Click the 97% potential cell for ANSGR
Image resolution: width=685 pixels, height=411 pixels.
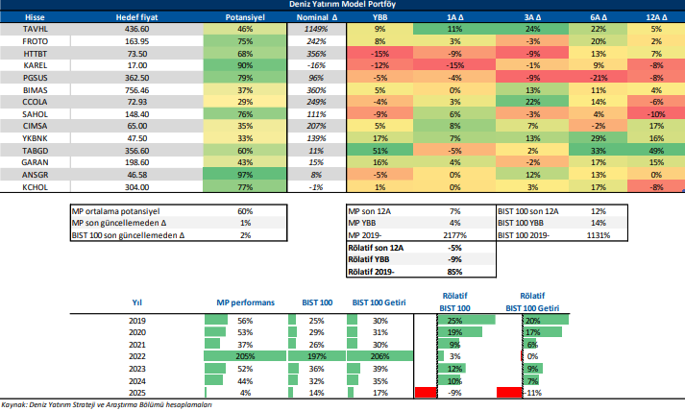[x=244, y=175]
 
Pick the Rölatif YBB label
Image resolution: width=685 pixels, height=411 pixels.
[x=371, y=258]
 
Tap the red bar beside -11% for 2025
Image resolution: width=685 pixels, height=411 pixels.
[x=509, y=392]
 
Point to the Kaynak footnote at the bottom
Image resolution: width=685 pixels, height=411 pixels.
[x=106, y=405]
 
